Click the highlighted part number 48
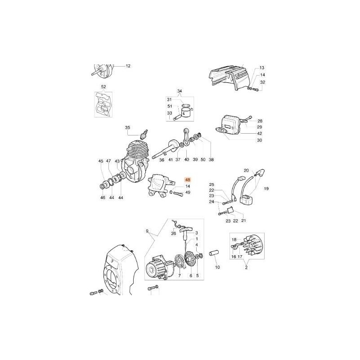click(x=188, y=180)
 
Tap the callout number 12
click(x=128, y=66)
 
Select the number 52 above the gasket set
click(x=103, y=87)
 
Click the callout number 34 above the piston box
click(x=180, y=91)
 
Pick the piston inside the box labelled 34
click(x=185, y=112)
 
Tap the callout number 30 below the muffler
click(x=259, y=140)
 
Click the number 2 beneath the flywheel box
click(x=246, y=268)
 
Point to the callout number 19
click(x=266, y=189)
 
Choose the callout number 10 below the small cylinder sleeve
click(x=217, y=267)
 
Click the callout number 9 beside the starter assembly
click(x=147, y=231)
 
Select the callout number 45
click(x=101, y=161)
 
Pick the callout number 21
click(x=244, y=220)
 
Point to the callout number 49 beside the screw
click(x=188, y=193)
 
